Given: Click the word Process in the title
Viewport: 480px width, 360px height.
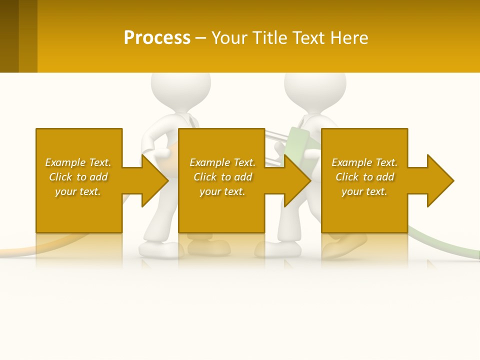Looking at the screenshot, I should [157, 38].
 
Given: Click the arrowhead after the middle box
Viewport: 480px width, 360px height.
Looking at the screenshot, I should [296, 180].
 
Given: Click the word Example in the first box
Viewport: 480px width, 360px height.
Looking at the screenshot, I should [65, 162].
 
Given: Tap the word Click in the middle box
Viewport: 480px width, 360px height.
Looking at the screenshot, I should [205, 177].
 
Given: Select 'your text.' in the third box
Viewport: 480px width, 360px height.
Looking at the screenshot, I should [364, 191].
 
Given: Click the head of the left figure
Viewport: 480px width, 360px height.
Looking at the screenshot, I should [173, 90].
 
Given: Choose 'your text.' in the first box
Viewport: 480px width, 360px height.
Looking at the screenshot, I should [77, 191].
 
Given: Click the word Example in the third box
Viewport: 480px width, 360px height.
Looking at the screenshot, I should [352, 162].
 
